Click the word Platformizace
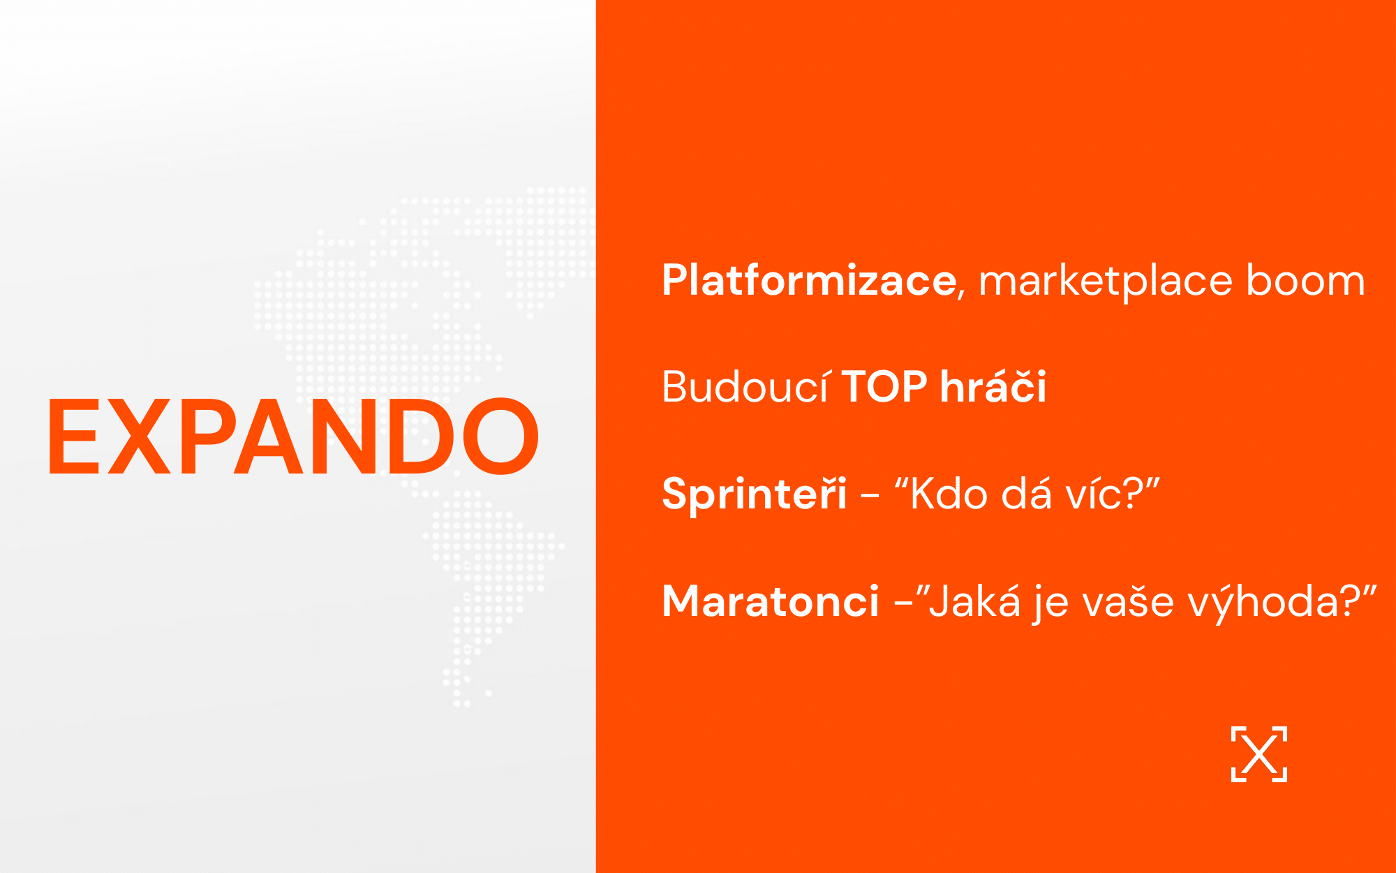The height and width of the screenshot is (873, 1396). pos(809,280)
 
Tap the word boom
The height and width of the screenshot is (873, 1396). pos(1305,280)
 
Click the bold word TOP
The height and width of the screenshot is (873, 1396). pos(884,386)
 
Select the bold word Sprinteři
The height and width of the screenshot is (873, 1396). pos(754,494)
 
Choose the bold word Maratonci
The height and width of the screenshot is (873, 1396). pos(770,601)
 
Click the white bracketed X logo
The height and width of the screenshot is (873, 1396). pos(1258,754)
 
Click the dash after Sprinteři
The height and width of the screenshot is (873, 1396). pos(870,497)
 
